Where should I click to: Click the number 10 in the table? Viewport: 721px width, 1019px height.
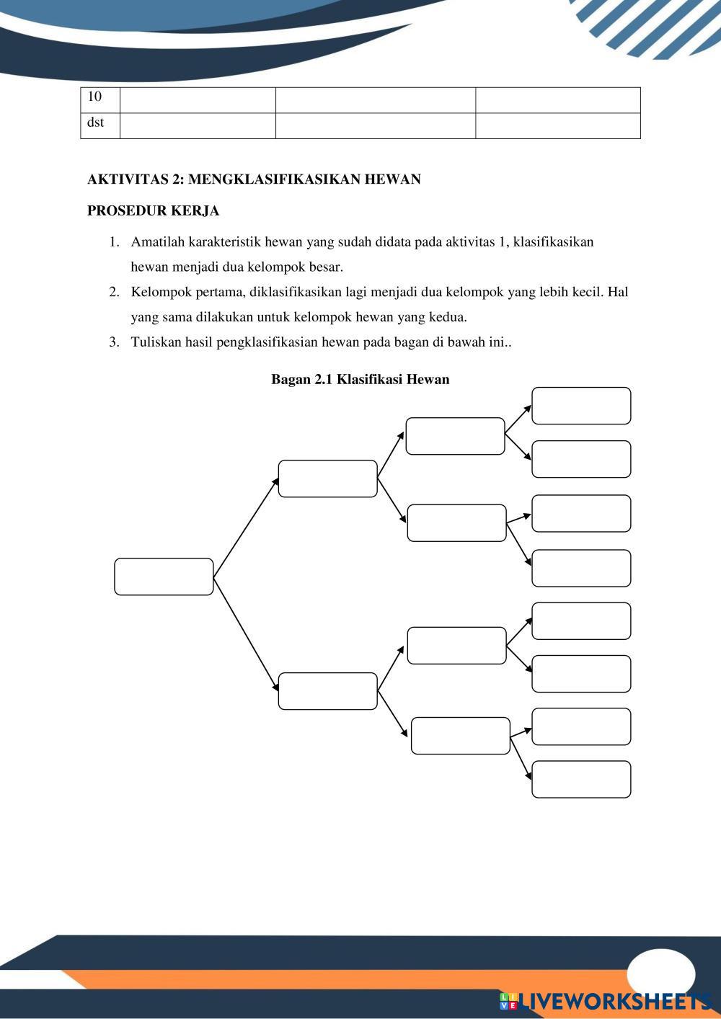click(94, 97)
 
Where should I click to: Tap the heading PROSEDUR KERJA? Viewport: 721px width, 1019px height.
click(153, 211)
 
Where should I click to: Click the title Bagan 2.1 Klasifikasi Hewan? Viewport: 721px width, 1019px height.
click(360, 379)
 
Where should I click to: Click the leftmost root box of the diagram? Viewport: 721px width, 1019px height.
click(164, 577)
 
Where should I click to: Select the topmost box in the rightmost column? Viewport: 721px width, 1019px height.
click(581, 406)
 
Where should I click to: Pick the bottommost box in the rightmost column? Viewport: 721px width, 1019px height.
click(581, 779)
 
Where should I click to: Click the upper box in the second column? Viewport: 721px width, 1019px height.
click(327, 479)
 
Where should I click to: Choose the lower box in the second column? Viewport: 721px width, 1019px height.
click(327, 691)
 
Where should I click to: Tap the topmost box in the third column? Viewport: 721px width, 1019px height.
click(455, 436)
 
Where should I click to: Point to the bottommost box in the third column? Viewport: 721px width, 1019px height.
click(461, 736)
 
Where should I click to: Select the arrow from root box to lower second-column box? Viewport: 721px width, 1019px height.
click(246, 633)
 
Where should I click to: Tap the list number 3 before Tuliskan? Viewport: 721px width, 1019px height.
click(114, 342)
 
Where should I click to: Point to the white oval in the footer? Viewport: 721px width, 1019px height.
click(660, 974)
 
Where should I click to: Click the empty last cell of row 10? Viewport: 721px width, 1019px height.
click(557, 100)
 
